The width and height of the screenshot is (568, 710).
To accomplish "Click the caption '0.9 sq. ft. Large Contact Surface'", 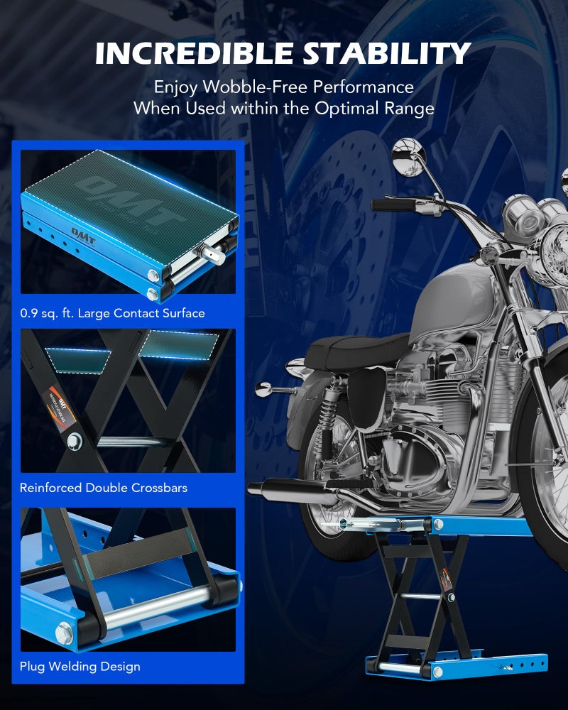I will [x=112, y=313].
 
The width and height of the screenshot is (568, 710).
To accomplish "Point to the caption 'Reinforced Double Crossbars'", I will [x=104, y=488].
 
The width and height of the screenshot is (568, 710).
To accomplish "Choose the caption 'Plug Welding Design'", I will [x=80, y=667].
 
